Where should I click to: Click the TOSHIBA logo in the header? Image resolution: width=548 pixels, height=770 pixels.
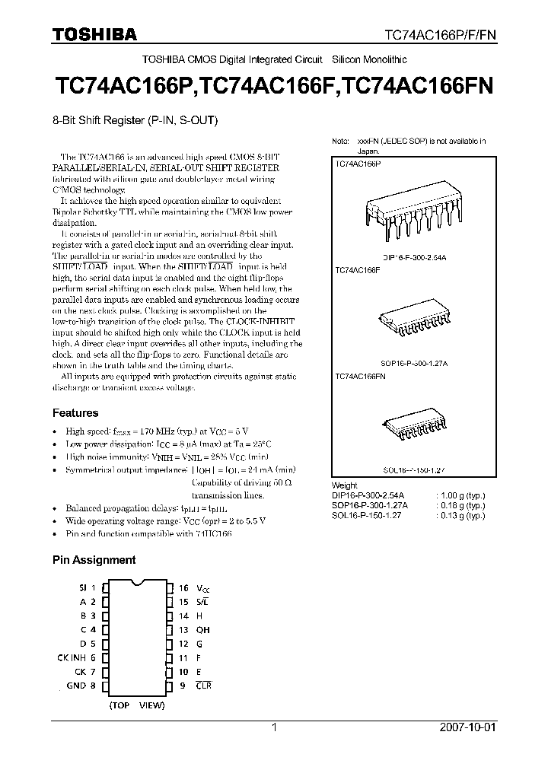point(94,33)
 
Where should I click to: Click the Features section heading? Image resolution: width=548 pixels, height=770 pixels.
point(75,413)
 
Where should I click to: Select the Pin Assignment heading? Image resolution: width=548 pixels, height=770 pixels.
point(94,560)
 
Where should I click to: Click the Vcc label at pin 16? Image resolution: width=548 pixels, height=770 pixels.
point(202,588)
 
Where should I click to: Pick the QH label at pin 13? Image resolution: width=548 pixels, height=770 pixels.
point(203,630)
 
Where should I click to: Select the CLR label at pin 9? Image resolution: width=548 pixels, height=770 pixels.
point(203,686)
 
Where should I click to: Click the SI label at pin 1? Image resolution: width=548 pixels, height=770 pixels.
point(83,587)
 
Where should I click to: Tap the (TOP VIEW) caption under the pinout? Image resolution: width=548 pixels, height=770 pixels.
point(136,705)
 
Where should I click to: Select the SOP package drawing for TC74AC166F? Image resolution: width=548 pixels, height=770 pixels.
point(413,323)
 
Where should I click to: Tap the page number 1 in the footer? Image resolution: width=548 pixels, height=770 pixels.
point(275,727)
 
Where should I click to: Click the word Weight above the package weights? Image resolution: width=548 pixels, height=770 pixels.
point(345,486)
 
